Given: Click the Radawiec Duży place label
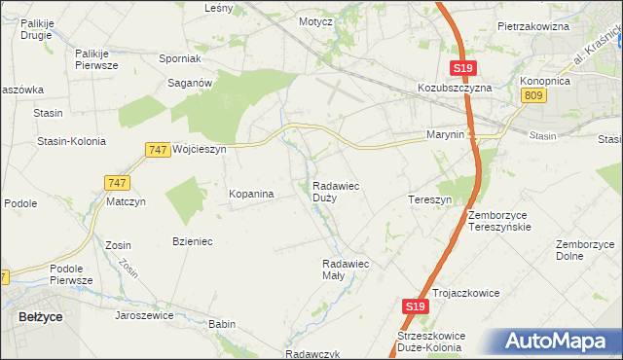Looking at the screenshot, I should click(338, 191).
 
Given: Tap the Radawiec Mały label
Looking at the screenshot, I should click(346, 269).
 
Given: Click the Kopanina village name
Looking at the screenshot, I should click(251, 194).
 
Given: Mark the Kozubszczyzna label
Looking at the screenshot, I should click(457, 87).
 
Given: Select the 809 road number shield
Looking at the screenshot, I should click(532, 94).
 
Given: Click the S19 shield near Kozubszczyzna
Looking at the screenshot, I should click(462, 67).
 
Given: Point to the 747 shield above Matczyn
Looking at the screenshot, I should click(116, 182).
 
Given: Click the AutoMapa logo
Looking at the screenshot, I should click(556, 341).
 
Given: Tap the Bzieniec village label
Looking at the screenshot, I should click(192, 240).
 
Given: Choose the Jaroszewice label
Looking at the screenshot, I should click(144, 315).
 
